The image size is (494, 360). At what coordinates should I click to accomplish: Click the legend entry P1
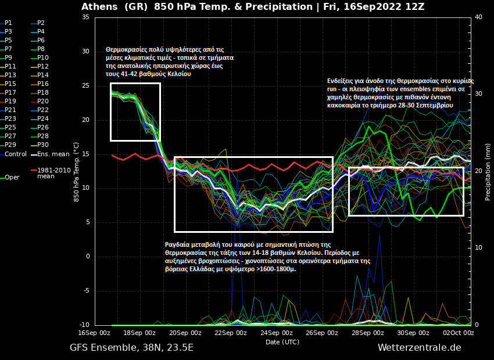coord(8,23)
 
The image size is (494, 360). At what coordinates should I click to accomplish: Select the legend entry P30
coord(43,145)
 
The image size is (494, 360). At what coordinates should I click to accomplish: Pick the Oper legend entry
coord(12,178)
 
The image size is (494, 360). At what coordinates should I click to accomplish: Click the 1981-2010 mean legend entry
coord(54,173)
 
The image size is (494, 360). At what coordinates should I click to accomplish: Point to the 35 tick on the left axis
coord(85,17)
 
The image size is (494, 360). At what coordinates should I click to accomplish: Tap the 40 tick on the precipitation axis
coord(478,17)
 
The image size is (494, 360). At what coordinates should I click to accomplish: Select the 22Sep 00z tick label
coord(231,333)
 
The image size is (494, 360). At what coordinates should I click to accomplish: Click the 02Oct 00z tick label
coord(459,333)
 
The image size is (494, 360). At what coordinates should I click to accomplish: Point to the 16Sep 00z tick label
coord(94,333)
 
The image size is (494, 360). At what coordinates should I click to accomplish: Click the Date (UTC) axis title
coord(282,342)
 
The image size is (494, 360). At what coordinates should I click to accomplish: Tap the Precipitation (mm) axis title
coord(488,172)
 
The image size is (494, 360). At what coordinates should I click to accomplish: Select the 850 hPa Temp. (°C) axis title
coord(76,172)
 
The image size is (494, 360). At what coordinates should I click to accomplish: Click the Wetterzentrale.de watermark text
coord(419,348)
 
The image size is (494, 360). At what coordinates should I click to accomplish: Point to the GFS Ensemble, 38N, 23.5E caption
coord(131,348)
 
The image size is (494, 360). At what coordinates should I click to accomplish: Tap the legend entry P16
coord(43,84)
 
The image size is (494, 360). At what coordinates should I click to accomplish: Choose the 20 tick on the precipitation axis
coord(478,171)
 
